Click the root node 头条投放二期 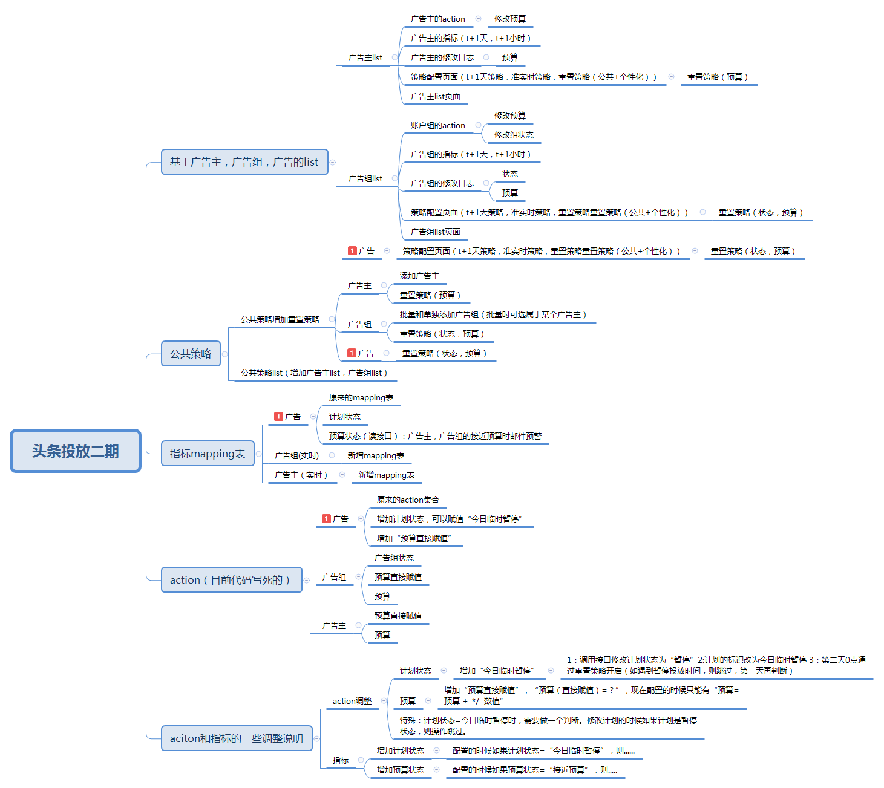76,451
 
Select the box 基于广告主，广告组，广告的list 244,162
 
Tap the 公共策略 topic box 191,354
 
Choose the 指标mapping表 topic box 208,454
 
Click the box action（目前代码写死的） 231,580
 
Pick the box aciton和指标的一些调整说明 237,738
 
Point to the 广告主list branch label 365,58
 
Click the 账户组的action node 437,126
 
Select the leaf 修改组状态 514,135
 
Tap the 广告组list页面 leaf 435,232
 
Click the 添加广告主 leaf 419,276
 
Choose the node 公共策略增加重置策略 280,320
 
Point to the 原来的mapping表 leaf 361,398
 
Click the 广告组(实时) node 296,456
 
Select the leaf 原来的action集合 408,500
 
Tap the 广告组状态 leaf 394,558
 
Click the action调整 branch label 352,702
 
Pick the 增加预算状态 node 400,770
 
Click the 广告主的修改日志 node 442,58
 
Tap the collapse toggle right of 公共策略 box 224,354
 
